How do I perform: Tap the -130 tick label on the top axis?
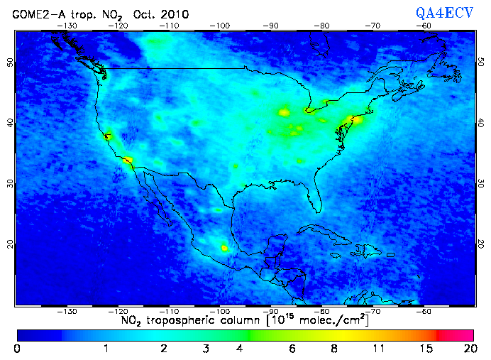coord(67,26)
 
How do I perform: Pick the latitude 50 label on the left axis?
coord(10,62)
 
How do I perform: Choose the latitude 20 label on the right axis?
coord(480,244)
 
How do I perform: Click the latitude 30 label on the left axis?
coord(10,183)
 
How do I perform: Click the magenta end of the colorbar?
coord(461,334)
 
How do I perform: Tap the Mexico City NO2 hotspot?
coord(225,248)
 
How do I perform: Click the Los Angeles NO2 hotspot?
coord(128,160)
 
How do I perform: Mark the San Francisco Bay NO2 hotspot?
coord(108,136)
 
